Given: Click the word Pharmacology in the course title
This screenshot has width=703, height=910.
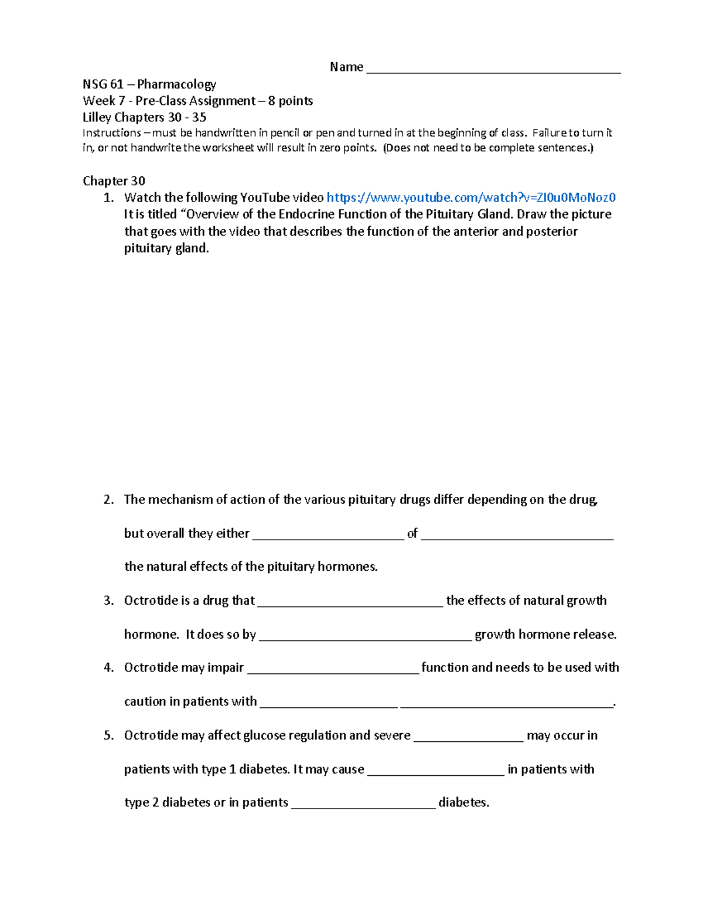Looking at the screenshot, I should point(176,84).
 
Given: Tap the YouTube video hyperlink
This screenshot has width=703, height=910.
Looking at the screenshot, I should point(471,197).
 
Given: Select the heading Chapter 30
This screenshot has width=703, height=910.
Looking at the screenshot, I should point(114,180).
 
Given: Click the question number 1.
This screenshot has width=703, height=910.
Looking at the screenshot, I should point(108,197).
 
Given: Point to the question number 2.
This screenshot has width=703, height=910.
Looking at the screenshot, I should point(108,500).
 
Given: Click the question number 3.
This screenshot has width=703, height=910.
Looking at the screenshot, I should point(108,601).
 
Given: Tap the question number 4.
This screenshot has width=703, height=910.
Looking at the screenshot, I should point(108,667).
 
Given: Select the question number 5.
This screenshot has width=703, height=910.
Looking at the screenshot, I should point(108,735).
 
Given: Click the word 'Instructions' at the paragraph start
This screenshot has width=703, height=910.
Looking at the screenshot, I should point(111,133).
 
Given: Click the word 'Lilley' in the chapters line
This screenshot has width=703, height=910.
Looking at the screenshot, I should point(97,117).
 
